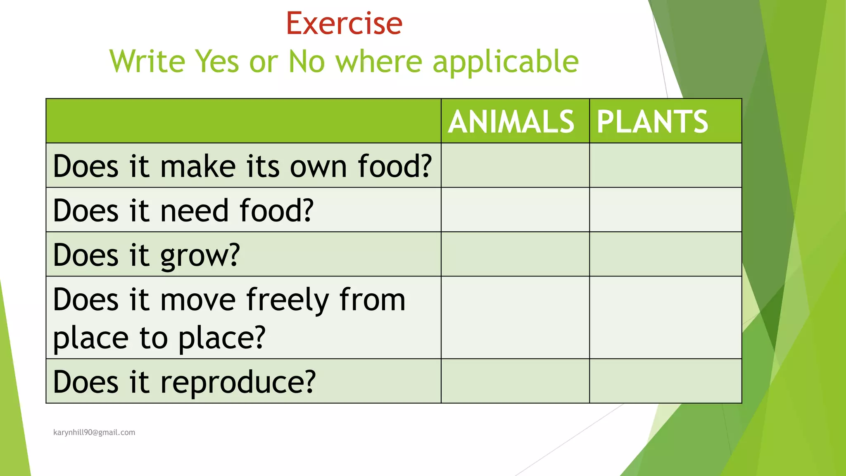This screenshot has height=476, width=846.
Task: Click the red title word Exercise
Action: [x=344, y=24]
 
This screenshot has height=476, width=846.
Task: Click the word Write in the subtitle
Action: [x=147, y=62]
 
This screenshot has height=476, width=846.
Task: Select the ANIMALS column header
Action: [x=511, y=121]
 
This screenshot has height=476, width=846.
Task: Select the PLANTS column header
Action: [x=653, y=121]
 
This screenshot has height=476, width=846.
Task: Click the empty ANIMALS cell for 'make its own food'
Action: [x=515, y=165]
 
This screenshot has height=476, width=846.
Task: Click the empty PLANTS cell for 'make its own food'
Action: [x=665, y=165]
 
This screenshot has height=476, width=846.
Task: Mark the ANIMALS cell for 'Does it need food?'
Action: [x=515, y=209]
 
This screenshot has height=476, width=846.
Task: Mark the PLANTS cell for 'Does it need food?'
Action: [x=665, y=209]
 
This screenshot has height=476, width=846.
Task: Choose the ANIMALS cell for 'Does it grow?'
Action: [x=515, y=254]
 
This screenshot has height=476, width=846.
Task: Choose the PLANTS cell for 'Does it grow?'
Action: [x=665, y=254]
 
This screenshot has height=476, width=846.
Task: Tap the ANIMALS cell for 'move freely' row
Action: [x=515, y=317]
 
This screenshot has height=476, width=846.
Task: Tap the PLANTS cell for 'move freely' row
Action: [x=665, y=317]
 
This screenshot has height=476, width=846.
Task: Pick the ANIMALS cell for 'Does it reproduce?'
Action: [x=515, y=381]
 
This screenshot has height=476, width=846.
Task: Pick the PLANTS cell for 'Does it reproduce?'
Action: [x=665, y=381]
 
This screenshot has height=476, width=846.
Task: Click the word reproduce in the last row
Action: [x=238, y=382]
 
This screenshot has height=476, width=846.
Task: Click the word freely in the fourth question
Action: [x=288, y=300]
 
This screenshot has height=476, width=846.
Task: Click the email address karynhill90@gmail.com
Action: [x=94, y=432]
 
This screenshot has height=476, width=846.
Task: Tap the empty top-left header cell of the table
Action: [x=243, y=121]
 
